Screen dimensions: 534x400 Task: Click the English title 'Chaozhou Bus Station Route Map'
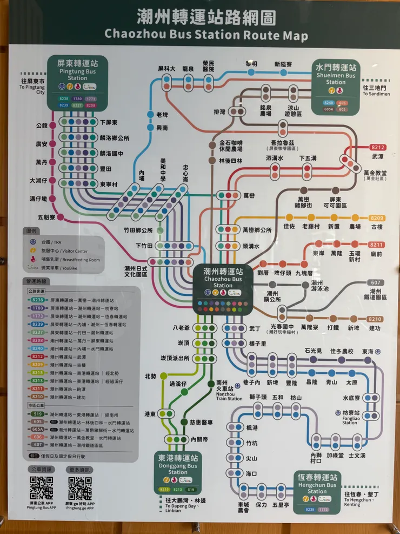coord(206,36)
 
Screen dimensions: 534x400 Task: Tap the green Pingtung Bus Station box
coord(77,82)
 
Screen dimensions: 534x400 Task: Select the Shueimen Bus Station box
coord(336,87)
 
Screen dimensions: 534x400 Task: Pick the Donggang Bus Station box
coord(178,472)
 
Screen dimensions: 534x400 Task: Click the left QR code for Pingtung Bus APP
coord(41,488)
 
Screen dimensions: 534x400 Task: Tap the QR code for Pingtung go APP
coord(79,488)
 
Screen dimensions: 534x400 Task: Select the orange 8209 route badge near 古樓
coord(377,217)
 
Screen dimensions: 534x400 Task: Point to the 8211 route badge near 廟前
coord(377,245)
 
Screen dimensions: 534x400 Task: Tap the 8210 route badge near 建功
coord(375,319)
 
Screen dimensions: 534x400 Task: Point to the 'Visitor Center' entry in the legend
coord(69,251)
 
